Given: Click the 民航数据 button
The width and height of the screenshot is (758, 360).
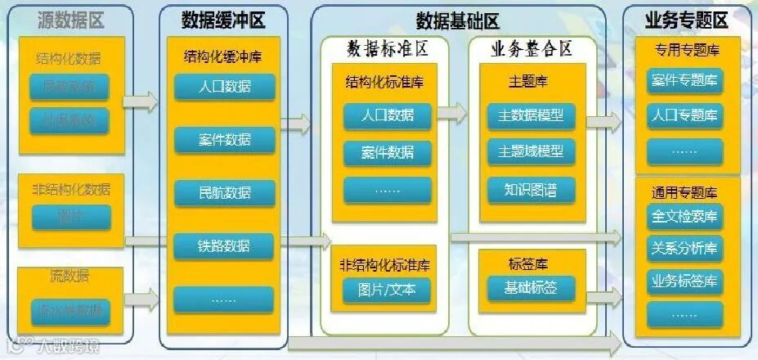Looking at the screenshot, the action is click(x=224, y=193).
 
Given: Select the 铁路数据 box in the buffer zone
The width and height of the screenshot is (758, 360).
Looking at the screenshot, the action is click(x=224, y=246).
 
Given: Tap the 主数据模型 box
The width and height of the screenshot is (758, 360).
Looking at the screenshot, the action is click(x=531, y=115).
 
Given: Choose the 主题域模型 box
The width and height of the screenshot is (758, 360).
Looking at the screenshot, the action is click(x=531, y=152).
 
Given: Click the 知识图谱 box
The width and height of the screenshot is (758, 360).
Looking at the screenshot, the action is click(x=531, y=190).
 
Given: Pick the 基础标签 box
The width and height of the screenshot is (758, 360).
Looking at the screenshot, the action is click(x=531, y=288).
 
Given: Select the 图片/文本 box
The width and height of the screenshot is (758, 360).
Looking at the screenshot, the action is click(x=387, y=290).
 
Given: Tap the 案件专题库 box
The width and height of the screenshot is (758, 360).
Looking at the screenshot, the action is click(x=685, y=80).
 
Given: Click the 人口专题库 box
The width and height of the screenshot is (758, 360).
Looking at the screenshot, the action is click(x=685, y=115).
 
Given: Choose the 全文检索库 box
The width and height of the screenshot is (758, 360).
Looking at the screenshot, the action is click(x=685, y=217).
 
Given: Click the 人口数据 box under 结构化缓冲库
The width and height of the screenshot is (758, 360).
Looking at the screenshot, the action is click(x=224, y=86).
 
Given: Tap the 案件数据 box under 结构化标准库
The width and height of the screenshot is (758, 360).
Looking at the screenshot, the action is click(x=387, y=152).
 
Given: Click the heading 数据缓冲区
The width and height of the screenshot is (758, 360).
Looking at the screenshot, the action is click(x=223, y=20).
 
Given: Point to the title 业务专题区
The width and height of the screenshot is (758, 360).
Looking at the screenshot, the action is click(x=686, y=20).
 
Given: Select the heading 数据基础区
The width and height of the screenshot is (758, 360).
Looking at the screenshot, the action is click(x=457, y=20).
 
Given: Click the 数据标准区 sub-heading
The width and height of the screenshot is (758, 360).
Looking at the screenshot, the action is click(x=387, y=49).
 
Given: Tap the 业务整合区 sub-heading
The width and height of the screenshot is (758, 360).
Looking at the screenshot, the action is click(x=531, y=49).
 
